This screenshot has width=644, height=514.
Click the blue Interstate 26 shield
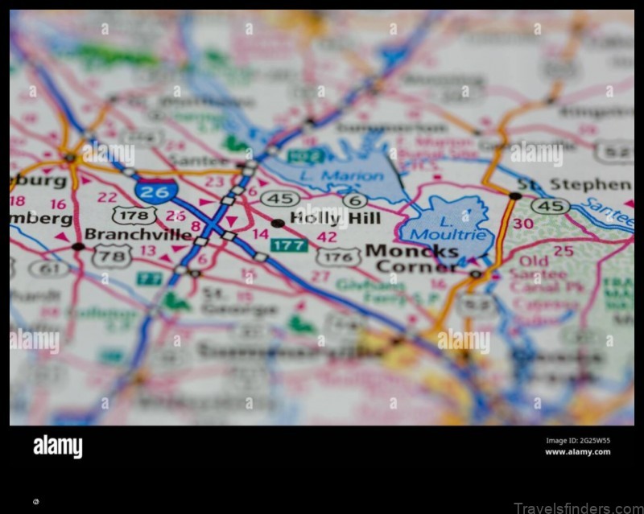pyautogui.click(x=156, y=191)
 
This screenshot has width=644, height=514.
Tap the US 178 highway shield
pyautogui.click(x=134, y=215)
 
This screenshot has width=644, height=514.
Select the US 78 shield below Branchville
pyautogui.click(x=111, y=256)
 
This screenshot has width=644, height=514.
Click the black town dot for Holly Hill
pyautogui.click(x=277, y=223)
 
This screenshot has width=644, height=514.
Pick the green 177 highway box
pyautogui.click(x=288, y=245)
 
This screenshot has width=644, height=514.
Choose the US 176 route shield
pyautogui.click(x=338, y=257)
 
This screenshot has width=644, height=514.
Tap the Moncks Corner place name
pyautogui.click(x=411, y=258)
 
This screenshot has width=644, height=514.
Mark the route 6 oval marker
pyautogui.click(x=354, y=200)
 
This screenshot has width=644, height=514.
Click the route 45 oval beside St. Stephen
pyautogui.click(x=550, y=206)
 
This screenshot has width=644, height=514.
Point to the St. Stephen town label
pyautogui.click(x=574, y=184)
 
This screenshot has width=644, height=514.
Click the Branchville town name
pyautogui.click(x=138, y=234)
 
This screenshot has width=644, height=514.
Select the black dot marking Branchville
pyautogui.click(x=78, y=246)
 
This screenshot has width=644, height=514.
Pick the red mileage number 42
pyautogui.click(x=327, y=236)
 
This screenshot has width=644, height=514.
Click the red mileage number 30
pyautogui.click(x=522, y=224)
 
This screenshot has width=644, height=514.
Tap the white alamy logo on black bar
pyautogui.click(x=57, y=446)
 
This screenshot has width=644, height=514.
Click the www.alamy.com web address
pyautogui.click(x=577, y=452)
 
